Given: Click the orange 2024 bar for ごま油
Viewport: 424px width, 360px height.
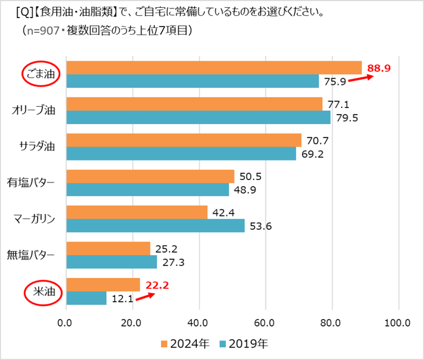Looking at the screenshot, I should coord(213,67).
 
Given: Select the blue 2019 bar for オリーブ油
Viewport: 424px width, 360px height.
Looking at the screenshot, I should coord(198,117).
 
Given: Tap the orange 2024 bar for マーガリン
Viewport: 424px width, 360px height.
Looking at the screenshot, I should coord(136,212).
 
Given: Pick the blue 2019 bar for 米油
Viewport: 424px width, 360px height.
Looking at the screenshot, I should coord(86,298).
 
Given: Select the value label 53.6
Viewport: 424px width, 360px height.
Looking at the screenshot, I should coord(262,226).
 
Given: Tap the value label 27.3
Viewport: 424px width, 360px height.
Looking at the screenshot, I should coord(174,262).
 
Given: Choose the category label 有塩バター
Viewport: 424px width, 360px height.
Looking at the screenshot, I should coord(31,182).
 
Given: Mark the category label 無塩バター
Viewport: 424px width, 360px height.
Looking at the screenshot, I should coord(31,255).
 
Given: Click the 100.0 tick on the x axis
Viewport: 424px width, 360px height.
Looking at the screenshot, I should coord(397,322).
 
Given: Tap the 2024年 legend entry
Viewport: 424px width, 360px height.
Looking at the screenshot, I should coord(185,344).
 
